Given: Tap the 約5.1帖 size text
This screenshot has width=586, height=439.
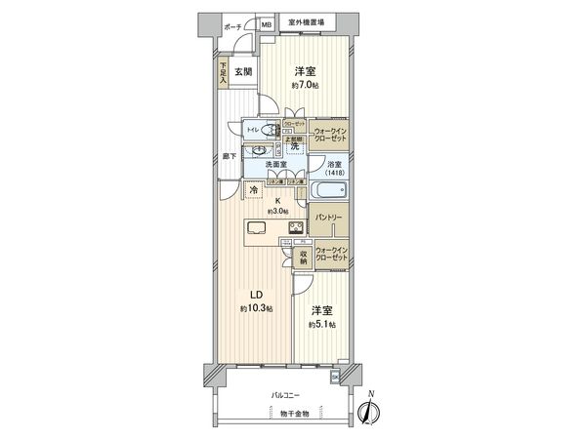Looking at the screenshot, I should (x=320, y=325).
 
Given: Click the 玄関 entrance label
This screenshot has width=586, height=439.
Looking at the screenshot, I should (x=243, y=72).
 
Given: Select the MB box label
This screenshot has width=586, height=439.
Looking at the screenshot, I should (x=266, y=25).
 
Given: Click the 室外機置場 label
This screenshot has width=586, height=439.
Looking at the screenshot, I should (x=306, y=21).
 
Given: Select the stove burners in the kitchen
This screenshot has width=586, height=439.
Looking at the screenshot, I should (x=295, y=228).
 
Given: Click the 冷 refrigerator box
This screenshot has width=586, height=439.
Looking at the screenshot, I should (x=228, y=190).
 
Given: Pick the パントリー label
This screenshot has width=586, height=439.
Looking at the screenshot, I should (x=328, y=216).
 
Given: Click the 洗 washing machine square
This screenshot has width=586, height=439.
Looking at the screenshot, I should (x=293, y=145).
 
